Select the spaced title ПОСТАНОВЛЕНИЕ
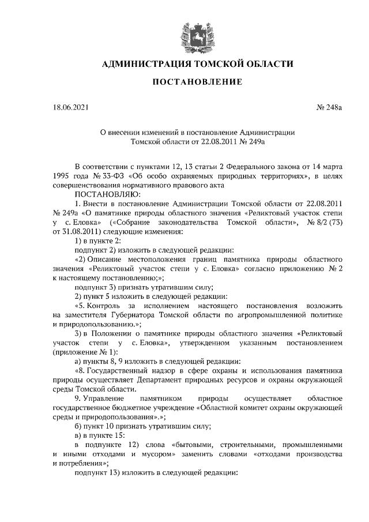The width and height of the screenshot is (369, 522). tap(197, 82)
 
